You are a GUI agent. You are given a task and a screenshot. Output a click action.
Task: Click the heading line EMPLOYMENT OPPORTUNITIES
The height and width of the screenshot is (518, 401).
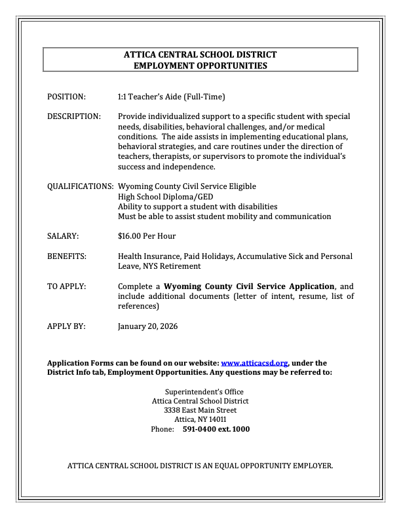pyautogui.click(x=200, y=65)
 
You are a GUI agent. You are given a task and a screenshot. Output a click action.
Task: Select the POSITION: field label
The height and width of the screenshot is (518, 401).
pyautogui.click(x=66, y=97)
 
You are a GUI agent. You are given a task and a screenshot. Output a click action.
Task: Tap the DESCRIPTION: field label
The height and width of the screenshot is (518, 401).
pyautogui.click(x=74, y=116)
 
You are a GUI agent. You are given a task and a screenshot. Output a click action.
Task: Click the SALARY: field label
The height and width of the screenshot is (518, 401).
pyautogui.click(x=63, y=236)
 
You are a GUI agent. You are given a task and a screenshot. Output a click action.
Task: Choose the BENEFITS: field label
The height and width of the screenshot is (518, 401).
pyautogui.click(x=66, y=256)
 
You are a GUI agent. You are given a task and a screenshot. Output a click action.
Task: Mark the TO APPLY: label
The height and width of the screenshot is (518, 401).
pyautogui.click(x=66, y=286)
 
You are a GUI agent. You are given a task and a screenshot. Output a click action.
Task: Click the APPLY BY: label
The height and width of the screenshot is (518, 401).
pyautogui.click(x=66, y=326)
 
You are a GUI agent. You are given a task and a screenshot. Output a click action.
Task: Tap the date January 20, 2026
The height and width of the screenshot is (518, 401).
pyautogui.click(x=147, y=326)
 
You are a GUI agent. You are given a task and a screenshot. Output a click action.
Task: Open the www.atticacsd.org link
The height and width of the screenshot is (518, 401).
pyautogui.click(x=255, y=362)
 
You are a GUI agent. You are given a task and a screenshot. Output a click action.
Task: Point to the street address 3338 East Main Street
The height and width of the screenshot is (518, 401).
pyautogui.click(x=200, y=410)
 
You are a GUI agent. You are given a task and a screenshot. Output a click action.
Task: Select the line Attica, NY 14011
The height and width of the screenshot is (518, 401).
pyautogui.click(x=200, y=420)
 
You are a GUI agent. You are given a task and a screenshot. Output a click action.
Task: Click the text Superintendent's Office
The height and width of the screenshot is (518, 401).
pyautogui.click(x=200, y=392)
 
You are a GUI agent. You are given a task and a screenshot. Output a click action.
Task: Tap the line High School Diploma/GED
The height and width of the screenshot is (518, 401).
pyautogui.click(x=165, y=196)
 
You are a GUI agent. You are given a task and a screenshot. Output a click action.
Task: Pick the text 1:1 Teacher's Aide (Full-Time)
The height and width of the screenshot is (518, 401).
pyautogui.click(x=171, y=97)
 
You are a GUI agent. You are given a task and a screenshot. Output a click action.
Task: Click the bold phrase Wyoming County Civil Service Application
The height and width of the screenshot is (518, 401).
pyautogui.click(x=249, y=286)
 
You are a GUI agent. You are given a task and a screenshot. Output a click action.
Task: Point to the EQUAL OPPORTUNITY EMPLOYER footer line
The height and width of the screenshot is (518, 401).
pyautogui.click(x=200, y=466)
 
